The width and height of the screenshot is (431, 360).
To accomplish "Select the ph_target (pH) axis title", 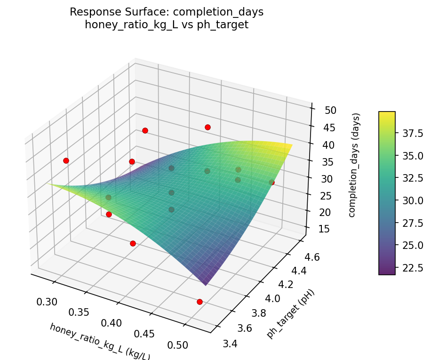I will [x=290, y=314].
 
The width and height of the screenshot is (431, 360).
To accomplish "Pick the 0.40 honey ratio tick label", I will [x=112, y=323].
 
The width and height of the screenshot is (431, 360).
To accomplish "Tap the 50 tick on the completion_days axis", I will [x=330, y=111].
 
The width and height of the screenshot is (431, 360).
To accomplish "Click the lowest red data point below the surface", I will [x=200, y=302].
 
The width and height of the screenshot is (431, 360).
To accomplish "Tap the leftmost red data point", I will [x=66, y=160].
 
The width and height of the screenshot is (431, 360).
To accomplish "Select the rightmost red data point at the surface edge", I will [x=271, y=182].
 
